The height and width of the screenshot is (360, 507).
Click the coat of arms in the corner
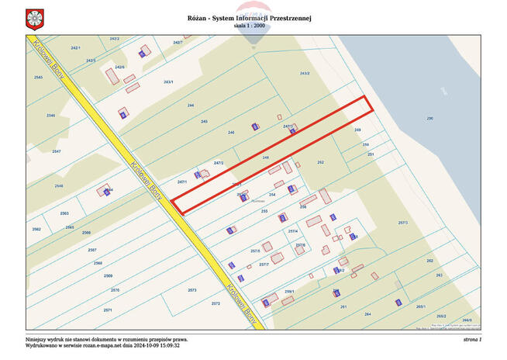tap(33, 17)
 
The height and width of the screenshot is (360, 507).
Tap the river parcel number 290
tap(429, 118)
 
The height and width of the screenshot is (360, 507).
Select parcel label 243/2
tap(305, 73)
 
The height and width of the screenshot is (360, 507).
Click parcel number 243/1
tap(168, 81)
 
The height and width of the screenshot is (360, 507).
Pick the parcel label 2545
tap(38, 78)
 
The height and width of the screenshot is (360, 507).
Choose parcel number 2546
tap(51, 115)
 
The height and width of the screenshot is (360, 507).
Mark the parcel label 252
tap(320, 162)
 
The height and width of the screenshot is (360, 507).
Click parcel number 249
tap(357, 130)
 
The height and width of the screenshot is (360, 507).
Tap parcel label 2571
tap(108, 310)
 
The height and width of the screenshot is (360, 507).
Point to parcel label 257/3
tap(402, 223)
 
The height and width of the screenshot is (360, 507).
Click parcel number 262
tap(430, 261)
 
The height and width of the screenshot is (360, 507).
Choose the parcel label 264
tap(367, 313)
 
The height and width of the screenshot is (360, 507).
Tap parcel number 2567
tap(92, 250)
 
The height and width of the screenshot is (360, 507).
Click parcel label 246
tap(231, 133)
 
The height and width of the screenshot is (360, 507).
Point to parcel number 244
tap(191, 105)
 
